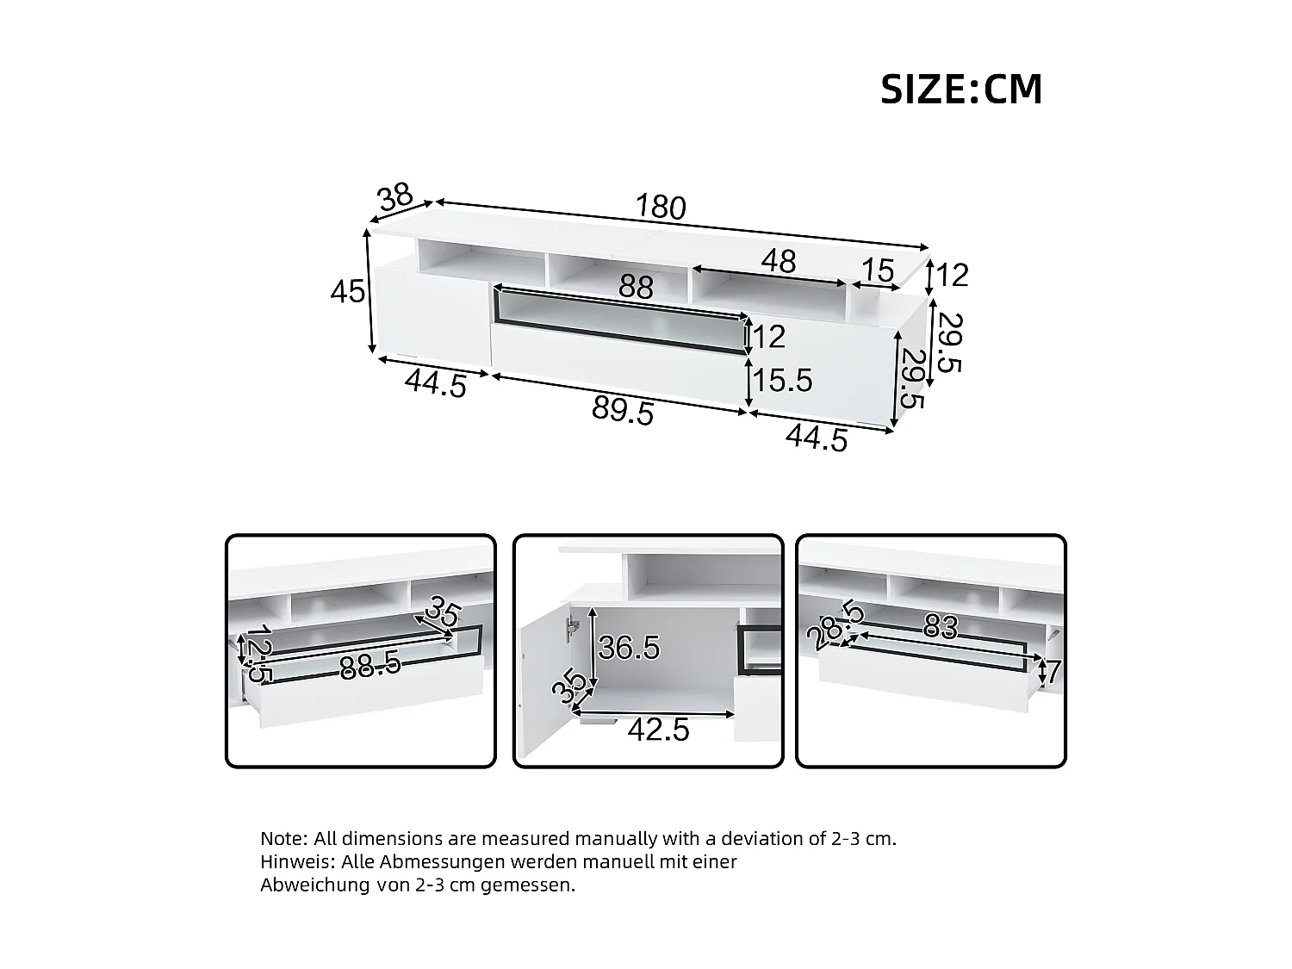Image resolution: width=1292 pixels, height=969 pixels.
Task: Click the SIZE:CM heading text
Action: [x=960, y=90]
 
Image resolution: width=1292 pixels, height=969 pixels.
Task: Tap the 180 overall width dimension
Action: [x=661, y=208]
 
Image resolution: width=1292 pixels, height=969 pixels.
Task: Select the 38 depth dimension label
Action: [x=396, y=198]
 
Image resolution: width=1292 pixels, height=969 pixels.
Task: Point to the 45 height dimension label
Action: [x=348, y=293]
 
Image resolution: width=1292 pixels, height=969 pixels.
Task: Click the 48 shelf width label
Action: [x=778, y=262]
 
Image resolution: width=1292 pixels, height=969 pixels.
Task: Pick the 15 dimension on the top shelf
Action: [x=878, y=271]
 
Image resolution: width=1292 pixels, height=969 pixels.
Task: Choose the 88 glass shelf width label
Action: [x=636, y=288]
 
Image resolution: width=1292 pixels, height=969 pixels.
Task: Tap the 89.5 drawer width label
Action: [x=623, y=412]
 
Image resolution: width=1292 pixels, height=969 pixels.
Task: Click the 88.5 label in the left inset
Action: [x=370, y=666]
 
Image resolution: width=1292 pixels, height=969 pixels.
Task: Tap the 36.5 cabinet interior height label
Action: [x=629, y=648]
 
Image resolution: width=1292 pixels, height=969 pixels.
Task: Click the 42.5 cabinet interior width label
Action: [x=659, y=730]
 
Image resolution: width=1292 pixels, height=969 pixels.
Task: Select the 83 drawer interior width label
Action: [x=940, y=628]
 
